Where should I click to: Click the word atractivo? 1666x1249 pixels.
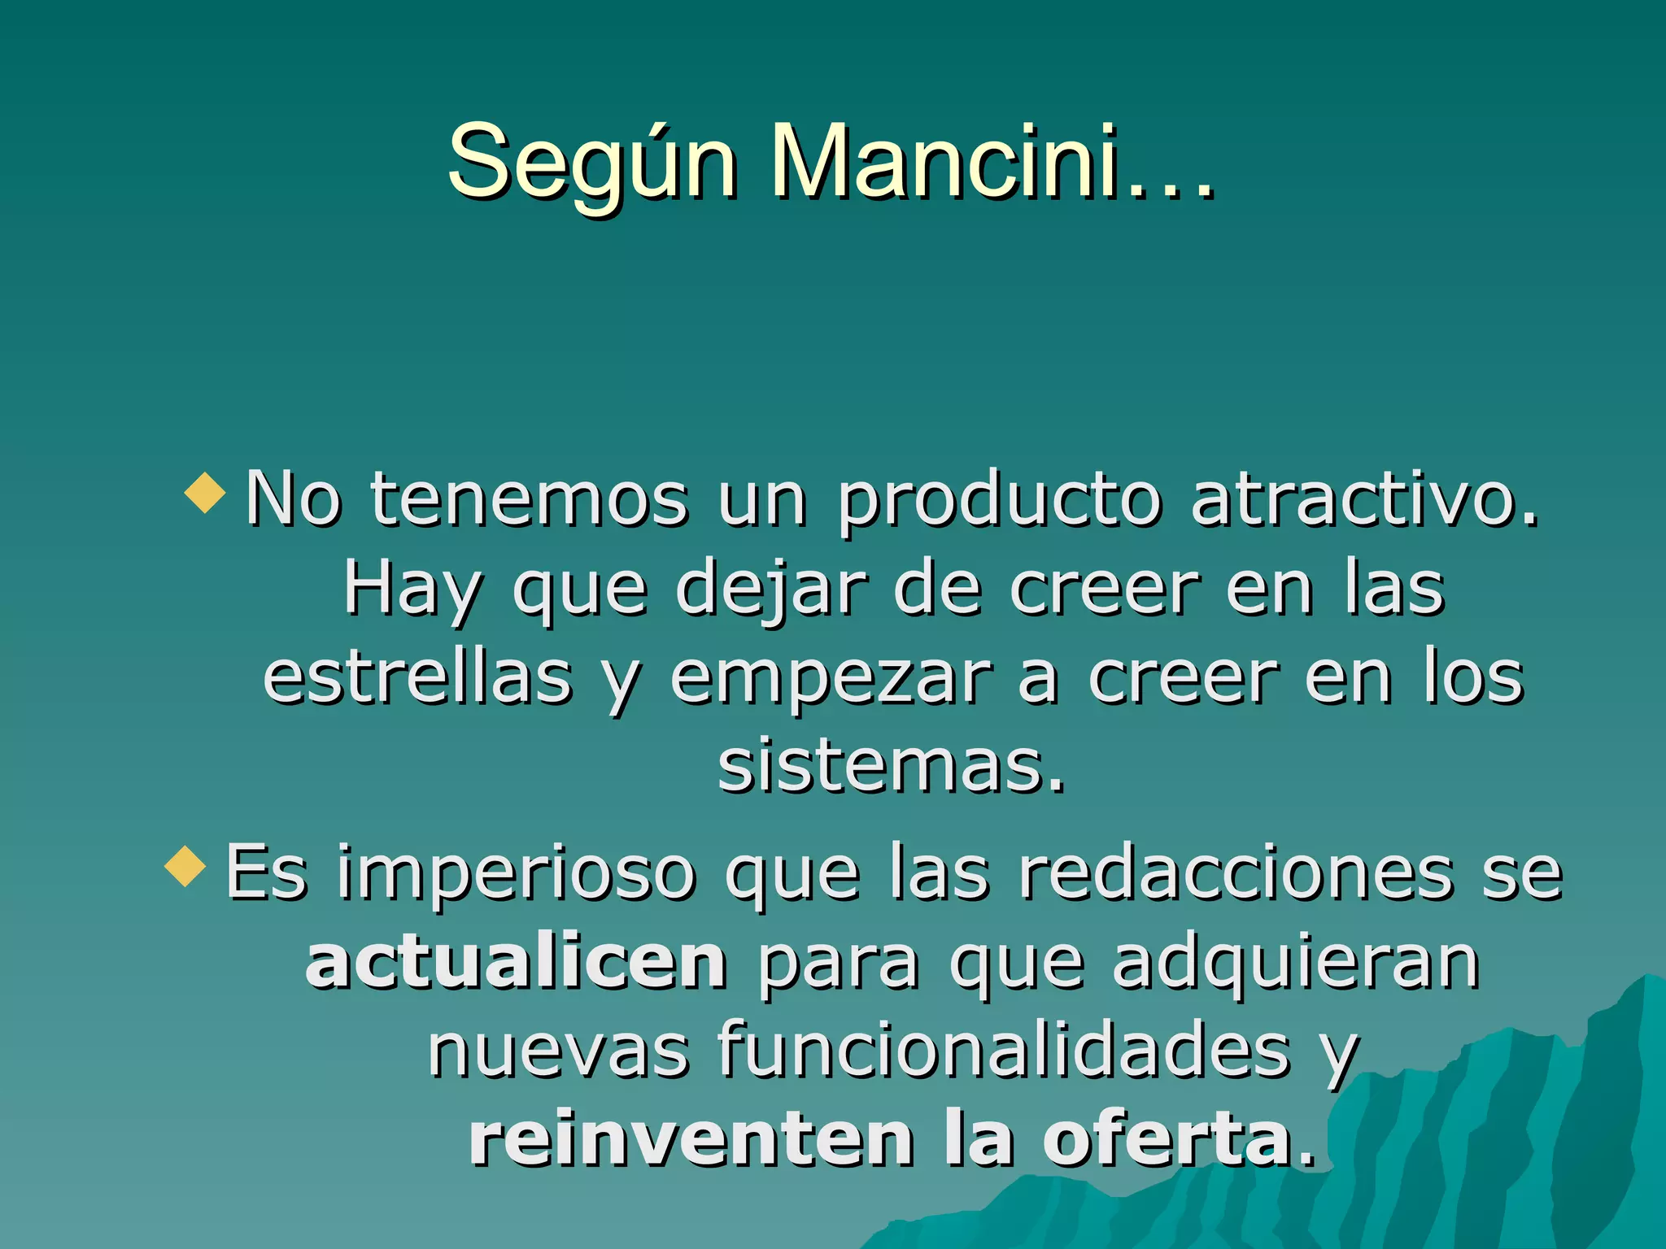point(1365,498)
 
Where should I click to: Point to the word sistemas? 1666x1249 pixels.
point(890,765)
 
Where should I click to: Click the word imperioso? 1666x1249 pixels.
point(517,874)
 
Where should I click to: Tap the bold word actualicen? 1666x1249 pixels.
point(516,962)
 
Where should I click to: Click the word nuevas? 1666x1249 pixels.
point(558,1051)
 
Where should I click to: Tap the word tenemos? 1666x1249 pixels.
point(530,498)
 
